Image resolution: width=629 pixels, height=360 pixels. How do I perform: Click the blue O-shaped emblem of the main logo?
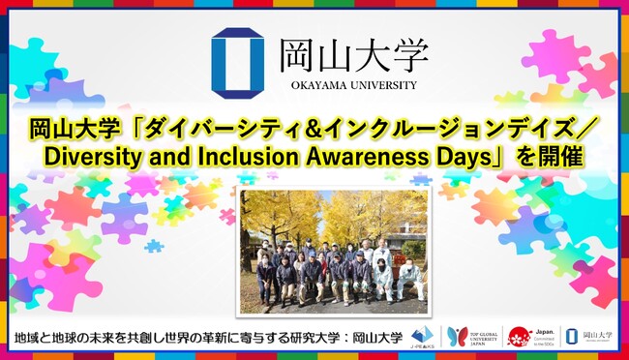pyautogui.click(x=238, y=63)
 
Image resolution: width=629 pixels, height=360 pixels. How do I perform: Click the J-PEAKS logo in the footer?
pyautogui.click(x=423, y=337)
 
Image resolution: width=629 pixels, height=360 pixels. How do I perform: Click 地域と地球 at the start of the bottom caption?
pyautogui.click(x=44, y=338)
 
